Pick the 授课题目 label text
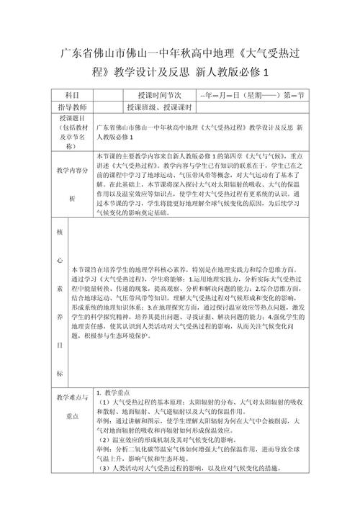tap(69, 117)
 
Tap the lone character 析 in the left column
tap(70, 198)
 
